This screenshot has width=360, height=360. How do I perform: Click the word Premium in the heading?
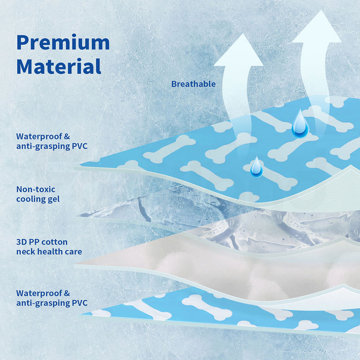point(63,43)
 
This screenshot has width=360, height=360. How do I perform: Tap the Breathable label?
point(193,84)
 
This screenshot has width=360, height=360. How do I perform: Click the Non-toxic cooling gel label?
point(38,194)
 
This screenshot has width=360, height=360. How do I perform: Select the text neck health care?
point(49,252)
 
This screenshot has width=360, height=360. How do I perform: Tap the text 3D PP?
point(29,242)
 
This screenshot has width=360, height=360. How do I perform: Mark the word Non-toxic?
point(36,189)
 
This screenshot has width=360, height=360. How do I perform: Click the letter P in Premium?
point(23,43)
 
